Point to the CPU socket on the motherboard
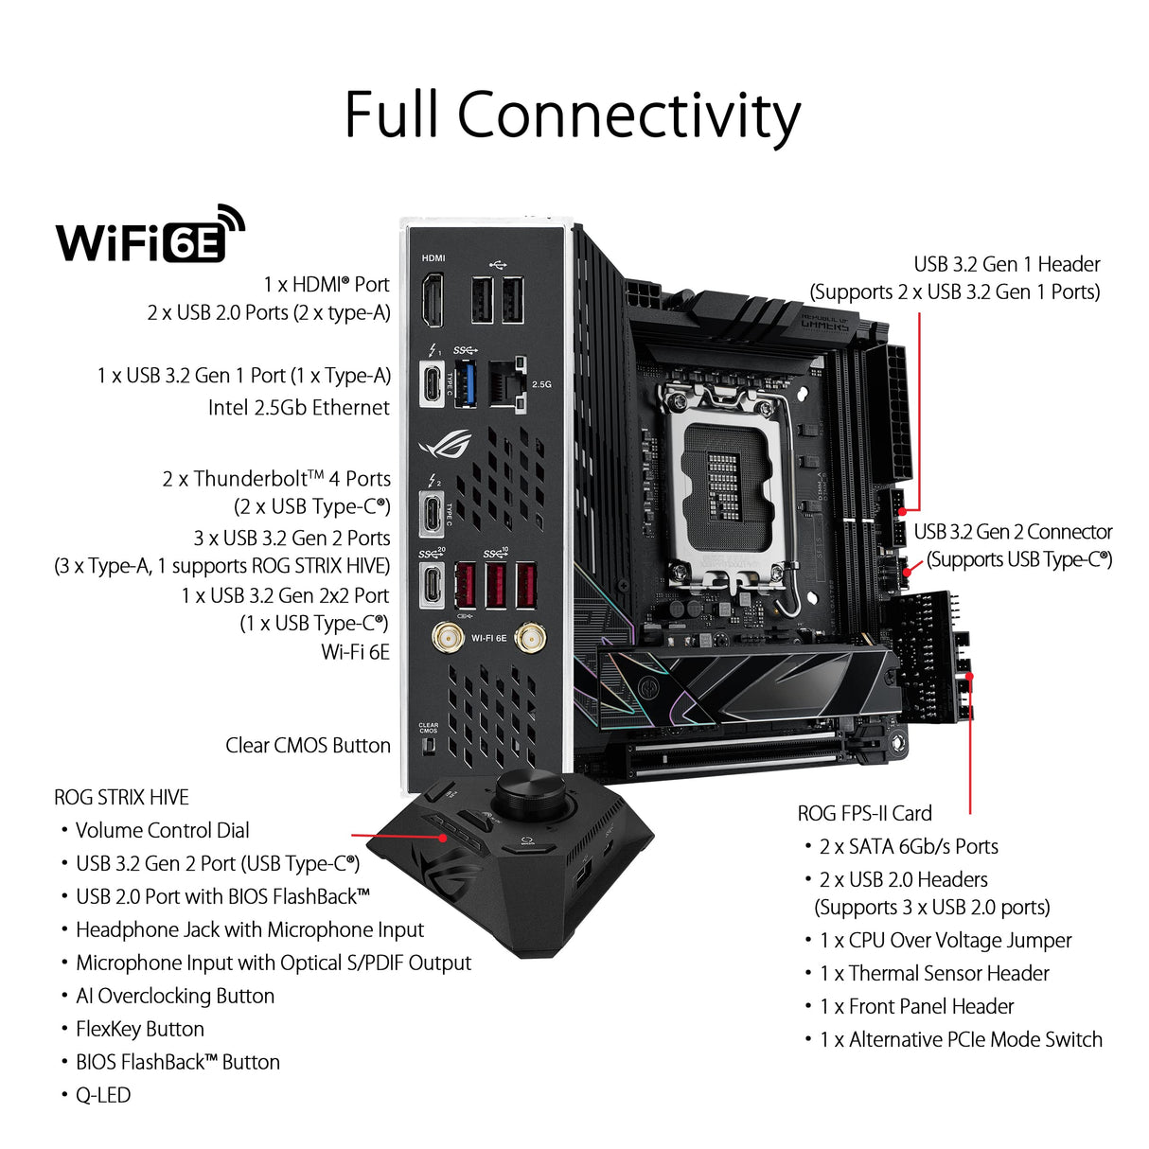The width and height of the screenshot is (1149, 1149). tap(724, 483)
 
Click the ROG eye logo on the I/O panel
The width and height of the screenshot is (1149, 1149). tap(444, 444)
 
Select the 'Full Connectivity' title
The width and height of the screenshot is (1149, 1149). tap(573, 115)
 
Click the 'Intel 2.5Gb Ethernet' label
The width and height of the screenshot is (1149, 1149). tap(298, 408)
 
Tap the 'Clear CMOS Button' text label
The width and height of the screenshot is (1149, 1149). tap(308, 746)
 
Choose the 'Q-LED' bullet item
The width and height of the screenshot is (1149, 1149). tap(102, 1095)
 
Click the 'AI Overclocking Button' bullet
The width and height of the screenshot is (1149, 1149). tap(174, 996)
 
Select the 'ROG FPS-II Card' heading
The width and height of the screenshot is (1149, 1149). tap(864, 813)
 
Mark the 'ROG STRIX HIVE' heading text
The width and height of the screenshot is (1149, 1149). tap(121, 797)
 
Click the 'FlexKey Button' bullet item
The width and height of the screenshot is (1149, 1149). tap(139, 1029)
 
